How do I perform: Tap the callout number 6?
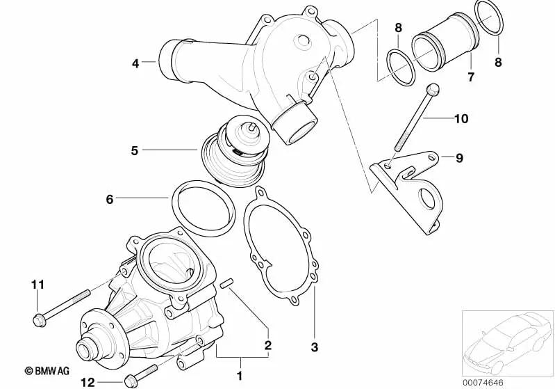[109, 199]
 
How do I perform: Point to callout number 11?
[38, 284]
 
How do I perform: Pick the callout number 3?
[313, 346]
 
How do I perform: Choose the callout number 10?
[462, 119]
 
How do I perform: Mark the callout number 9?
[459, 158]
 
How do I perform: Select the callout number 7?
[471, 77]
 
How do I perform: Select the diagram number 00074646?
[505, 381]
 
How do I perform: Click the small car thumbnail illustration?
[506, 341]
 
